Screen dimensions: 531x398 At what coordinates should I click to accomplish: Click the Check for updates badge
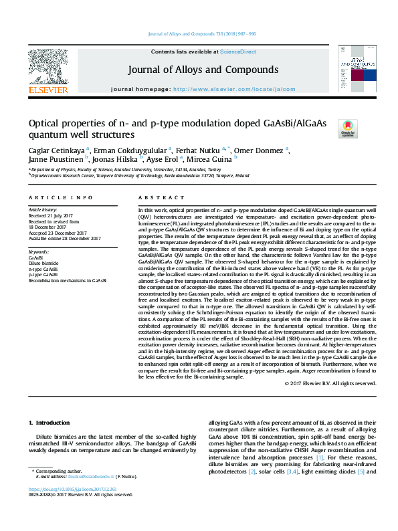[x=348, y=128]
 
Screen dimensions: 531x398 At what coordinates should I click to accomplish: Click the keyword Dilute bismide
[x=44, y=264]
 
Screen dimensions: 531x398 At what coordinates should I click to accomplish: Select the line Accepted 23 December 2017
[x=64, y=233]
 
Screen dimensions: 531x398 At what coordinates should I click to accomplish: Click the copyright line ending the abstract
[x=340, y=383]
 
